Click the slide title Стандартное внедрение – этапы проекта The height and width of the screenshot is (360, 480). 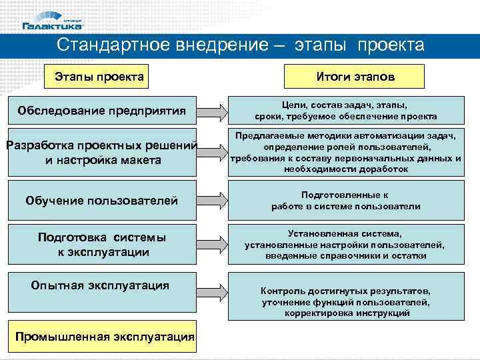(240, 45)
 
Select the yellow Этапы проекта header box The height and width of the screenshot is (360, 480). (99, 77)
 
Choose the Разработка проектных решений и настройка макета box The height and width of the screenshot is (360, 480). (101, 153)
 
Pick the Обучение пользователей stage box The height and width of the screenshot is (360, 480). (101, 200)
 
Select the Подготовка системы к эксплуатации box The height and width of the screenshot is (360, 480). (101, 245)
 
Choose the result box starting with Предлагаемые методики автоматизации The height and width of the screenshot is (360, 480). (345, 153)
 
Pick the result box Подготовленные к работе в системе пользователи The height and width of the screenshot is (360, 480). (345, 201)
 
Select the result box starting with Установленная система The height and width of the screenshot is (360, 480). (345, 245)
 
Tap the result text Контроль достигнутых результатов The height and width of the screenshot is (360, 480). (345, 302)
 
